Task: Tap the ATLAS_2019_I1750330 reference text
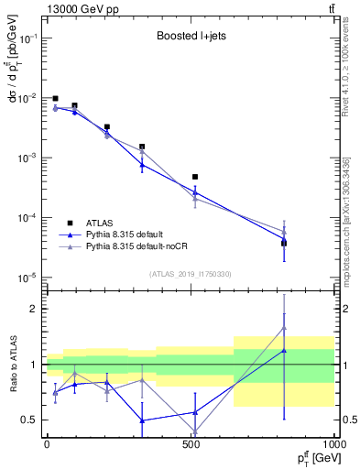pyautogui.click(x=190, y=274)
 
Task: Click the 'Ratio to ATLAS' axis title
pyautogui.click(x=11, y=364)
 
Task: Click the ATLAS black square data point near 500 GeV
pyautogui.click(x=194, y=177)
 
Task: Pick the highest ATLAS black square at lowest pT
pyautogui.click(x=55, y=98)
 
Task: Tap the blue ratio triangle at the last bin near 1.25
pyautogui.click(x=284, y=350)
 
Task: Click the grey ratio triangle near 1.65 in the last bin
pyautogui.click(x=284, y=328)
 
